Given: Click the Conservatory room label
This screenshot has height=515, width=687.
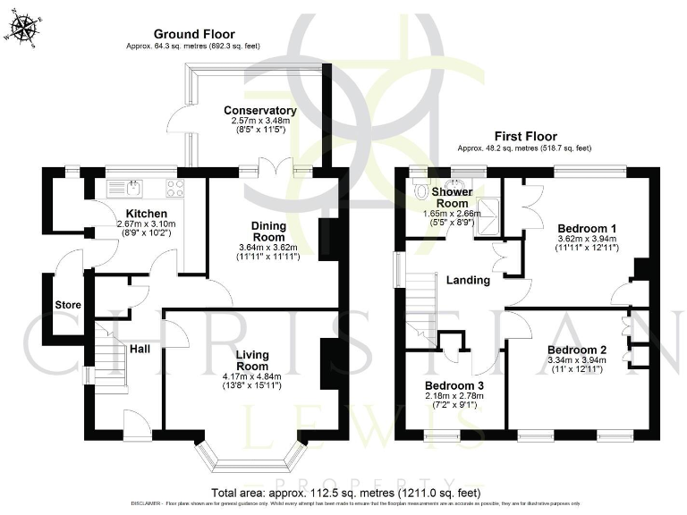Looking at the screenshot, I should point(259,111).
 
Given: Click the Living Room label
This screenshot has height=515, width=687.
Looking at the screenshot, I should point(252,360).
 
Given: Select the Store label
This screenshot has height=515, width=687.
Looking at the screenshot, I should point(69,305).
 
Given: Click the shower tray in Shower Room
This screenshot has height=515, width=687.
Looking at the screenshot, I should point(488,211).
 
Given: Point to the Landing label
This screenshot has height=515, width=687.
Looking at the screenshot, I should point(468,280).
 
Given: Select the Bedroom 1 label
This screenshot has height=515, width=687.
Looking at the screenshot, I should point(576,227).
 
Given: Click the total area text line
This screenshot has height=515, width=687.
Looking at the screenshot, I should point(346,493).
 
